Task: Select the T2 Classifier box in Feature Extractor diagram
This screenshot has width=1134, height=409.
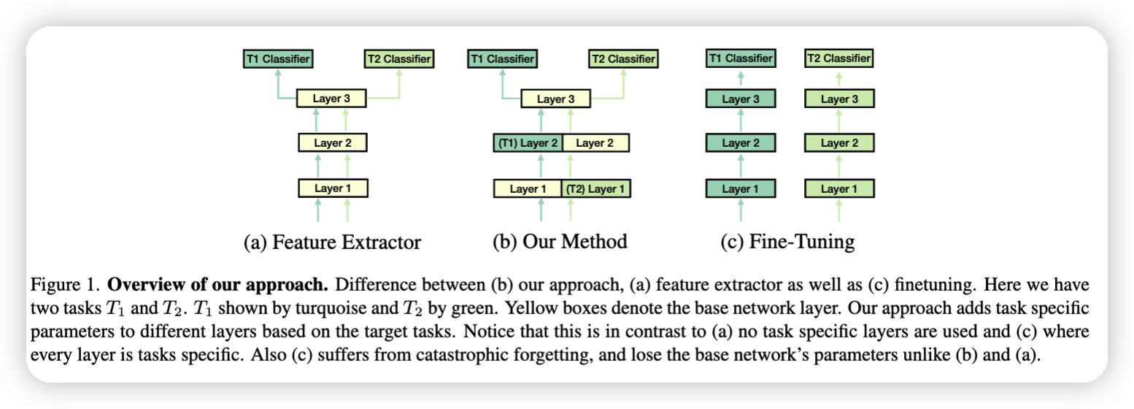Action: pos(398,59)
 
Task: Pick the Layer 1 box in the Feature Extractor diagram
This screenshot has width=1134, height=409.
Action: pos(333,188)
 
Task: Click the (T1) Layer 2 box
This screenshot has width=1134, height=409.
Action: pos(527,143)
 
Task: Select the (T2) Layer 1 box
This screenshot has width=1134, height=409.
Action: pos(596,189)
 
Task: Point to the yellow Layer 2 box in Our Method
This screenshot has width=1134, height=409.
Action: pos(595,143)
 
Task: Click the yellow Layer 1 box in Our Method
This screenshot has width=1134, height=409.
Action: pos(528,189)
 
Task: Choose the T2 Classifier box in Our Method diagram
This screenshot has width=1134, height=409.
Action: pos(622,59)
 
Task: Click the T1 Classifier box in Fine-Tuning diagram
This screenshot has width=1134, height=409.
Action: pos(741,58)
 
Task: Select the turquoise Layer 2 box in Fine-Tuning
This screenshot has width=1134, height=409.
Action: pos(741,143)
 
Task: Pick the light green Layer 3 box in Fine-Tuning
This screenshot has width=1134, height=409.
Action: pos(839,99)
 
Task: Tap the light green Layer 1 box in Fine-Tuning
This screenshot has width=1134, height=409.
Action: pos(839,189)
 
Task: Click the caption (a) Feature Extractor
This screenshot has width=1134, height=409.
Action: pos(332,242)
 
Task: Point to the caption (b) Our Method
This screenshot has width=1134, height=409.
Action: pos(560,242)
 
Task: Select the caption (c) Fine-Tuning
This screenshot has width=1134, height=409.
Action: pos(787,242)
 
